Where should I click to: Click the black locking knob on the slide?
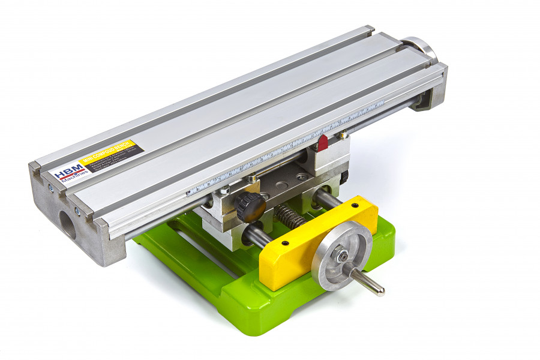[250, 206]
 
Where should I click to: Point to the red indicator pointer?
[322, 143]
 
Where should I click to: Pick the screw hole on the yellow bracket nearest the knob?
[285, 244]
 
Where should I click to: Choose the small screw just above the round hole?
[77, 210]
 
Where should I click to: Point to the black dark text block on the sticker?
[113, 159]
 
